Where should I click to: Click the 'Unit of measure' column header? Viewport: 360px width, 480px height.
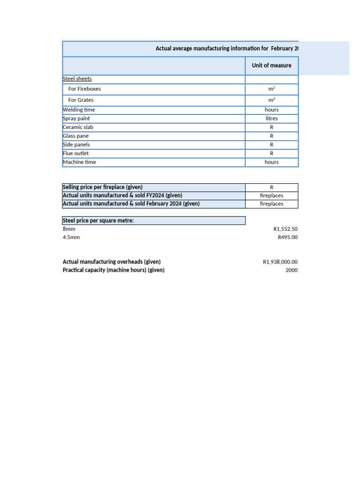tap(271, 66)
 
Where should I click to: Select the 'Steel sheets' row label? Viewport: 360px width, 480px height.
tap(77, 79)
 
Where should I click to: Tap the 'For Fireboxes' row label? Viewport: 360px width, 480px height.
tap(84, 89)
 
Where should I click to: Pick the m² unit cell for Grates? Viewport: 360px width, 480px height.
tap(271, 100)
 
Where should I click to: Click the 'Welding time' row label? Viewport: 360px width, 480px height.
tap(79, 110)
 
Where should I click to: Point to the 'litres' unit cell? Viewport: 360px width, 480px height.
tap(271, 119)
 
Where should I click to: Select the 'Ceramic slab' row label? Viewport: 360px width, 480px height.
tap(78, 127)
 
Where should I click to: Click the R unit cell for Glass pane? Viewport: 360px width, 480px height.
tap(271, 136)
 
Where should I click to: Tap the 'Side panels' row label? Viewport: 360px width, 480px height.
tap(76, 145)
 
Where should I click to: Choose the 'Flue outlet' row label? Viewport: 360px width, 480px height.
tap(75, 153)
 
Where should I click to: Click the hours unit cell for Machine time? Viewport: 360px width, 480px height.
tap(271, 162)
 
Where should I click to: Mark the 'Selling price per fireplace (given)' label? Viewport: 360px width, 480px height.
tap(103, 187)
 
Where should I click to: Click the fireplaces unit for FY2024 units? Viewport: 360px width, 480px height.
tap(271, 195)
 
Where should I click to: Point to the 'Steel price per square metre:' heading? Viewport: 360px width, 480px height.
tap(98, 221)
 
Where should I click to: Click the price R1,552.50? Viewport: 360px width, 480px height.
tap(285, 229)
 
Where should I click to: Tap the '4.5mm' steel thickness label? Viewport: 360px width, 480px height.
tap(71, 237)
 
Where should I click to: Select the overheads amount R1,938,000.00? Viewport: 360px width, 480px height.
tap(280, 262)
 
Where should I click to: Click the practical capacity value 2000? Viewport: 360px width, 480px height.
tap(291, 270)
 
